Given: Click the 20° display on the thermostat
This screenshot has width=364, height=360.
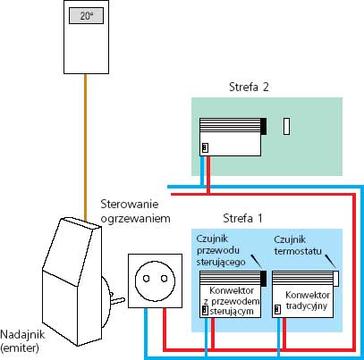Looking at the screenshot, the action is (87, 16).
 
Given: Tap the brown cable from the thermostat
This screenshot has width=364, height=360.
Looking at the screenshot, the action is (86, 148).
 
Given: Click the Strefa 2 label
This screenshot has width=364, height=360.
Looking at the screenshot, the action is (249, 87).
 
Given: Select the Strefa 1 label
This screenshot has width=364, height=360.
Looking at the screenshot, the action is (242, 219).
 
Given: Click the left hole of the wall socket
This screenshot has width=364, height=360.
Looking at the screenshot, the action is (146, 279).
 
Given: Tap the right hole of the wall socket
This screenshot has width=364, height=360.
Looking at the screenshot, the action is (164, 279).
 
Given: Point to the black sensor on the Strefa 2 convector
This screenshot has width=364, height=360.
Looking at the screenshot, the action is (263, 126).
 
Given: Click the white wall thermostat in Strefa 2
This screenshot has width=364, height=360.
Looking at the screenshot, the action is (286, 127).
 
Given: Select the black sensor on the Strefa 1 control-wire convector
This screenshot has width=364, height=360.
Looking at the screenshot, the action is (263, 279).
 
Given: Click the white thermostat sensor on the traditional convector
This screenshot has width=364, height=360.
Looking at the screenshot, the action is (335, 279).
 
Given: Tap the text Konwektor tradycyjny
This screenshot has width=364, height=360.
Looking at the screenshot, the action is (308, 300).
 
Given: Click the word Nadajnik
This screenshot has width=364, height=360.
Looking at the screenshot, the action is (22, 335).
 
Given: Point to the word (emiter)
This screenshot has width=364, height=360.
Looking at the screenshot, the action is (20, 347).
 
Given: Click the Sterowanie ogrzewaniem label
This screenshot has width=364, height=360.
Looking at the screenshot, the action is (135, 212).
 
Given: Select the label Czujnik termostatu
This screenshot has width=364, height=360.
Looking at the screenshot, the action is (298, 246).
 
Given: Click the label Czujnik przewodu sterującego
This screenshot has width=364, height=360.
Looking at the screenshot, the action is (221, 250).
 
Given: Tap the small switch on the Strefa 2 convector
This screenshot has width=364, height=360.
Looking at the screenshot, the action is (205, 147).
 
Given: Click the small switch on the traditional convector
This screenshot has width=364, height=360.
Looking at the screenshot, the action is (277, 309).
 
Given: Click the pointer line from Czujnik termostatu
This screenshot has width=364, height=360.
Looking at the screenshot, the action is (330, 261).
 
